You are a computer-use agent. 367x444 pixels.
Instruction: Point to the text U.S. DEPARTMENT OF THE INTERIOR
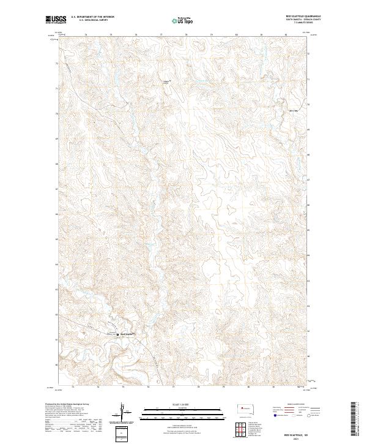[92, 17]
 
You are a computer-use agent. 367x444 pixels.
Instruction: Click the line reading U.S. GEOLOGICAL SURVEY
[92, 20]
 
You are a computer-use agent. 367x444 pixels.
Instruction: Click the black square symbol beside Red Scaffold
[118, 334]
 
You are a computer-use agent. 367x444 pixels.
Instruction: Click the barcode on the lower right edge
[354, 420]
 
